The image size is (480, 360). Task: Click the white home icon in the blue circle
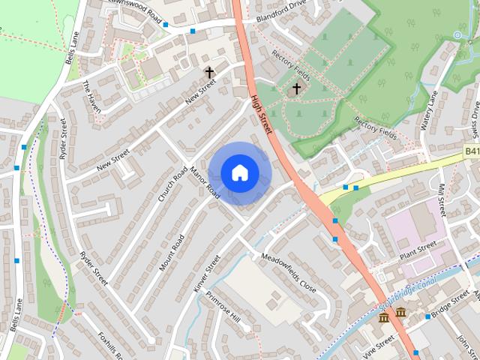pyautogui.click(x=239, y=172)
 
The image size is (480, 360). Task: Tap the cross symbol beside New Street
pyautogui.click(x=209, y=73)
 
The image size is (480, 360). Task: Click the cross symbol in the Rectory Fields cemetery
pyautogui.click(x=296, y=88)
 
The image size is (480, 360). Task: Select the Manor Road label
pyautogui.click(x=205, y=181)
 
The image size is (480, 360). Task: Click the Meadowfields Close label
pyautogui.click(x=289, y=271)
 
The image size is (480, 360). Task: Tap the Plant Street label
pyautogui.click(x=418, y=248)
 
